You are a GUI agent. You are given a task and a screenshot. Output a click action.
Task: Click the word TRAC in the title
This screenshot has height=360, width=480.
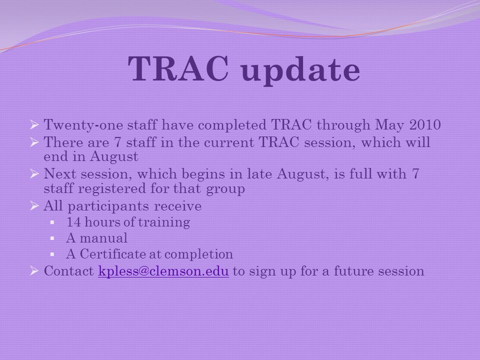[178, 68]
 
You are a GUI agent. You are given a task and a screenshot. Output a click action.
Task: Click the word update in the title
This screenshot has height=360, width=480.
[300, 71]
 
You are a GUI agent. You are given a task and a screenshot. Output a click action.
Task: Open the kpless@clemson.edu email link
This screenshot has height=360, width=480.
[163, 271]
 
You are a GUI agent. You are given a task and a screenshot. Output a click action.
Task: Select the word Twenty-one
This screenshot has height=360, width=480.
[83, 125]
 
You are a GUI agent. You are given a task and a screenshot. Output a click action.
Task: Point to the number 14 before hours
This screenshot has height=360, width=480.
[74, 222]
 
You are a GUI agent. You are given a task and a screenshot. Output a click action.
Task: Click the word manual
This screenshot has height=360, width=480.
[104, 238]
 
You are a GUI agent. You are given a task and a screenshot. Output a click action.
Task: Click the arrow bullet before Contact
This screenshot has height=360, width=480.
[34, 270]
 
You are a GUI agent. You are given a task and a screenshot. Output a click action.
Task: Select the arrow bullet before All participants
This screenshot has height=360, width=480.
[34, 205]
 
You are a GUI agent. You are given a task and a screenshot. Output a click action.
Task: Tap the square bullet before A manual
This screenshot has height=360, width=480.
[52, 238]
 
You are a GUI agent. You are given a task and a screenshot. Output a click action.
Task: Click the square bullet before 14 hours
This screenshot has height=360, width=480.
[52, 222]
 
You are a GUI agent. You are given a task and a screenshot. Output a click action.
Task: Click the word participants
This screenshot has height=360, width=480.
[108, 206]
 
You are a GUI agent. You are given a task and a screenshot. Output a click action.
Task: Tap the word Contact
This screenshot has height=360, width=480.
[69, 271]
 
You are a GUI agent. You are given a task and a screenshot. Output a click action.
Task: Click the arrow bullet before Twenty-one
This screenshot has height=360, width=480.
[34, 125]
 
